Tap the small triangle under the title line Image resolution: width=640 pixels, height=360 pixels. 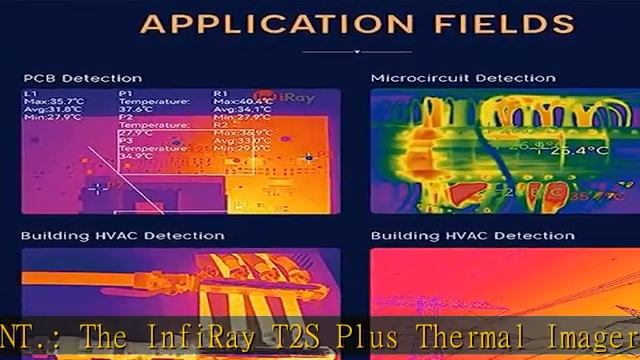click(357, 51)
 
